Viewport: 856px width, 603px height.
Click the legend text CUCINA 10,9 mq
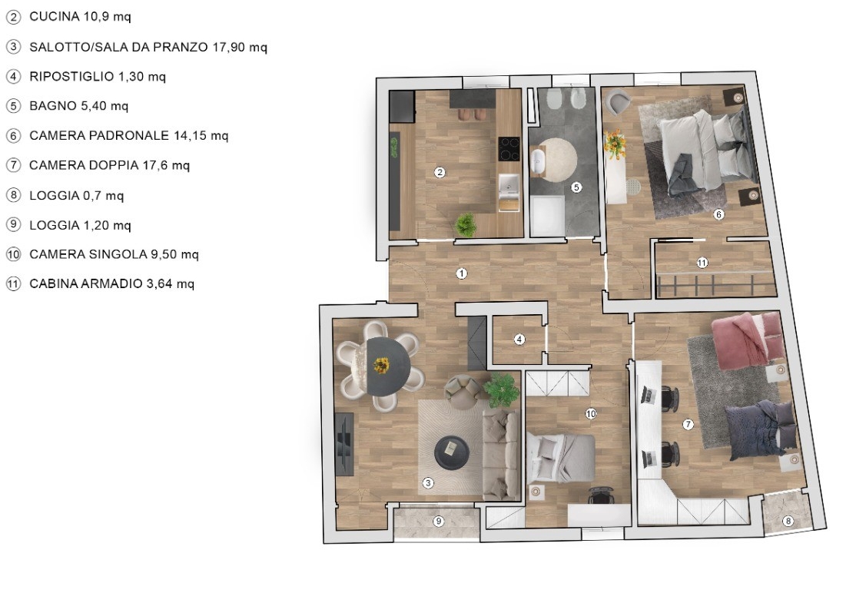point(80,16)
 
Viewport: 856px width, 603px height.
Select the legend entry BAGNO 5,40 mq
point(78,106)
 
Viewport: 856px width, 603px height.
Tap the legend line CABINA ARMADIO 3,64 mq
point(112,283)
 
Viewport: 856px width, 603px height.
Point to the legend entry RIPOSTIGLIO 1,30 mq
point(97,76)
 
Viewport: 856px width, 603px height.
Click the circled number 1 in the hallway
point(462,273)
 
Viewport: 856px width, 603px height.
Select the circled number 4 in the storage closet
point(519,340)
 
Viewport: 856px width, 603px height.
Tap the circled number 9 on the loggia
point(438,521)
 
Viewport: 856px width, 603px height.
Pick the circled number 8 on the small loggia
point(788,521)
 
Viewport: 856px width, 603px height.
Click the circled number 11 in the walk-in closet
point(702,263)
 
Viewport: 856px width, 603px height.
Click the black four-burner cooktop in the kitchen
point(509,148)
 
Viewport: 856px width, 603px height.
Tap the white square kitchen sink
point(509,187)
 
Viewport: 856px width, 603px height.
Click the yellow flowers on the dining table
point(381,365)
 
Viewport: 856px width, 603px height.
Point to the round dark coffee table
point(452,452)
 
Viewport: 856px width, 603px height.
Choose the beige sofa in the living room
point(501,455)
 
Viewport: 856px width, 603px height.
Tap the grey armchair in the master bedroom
point(618,102)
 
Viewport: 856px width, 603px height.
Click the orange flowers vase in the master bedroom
point(615,144)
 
